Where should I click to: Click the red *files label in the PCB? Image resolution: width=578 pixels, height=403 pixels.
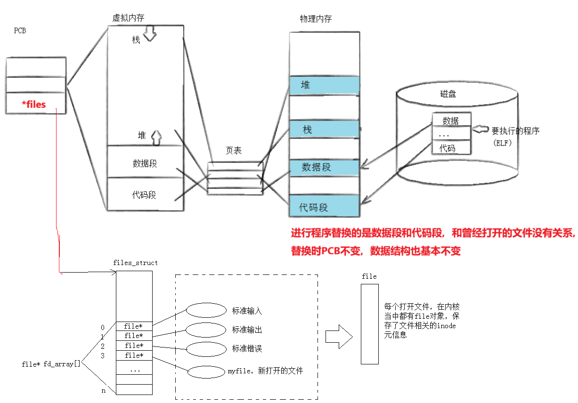[x=34, y=104]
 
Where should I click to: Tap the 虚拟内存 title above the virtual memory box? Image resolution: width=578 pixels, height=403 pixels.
[x=128, y=18]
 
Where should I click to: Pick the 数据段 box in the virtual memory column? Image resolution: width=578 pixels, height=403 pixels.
[x=145, y=163]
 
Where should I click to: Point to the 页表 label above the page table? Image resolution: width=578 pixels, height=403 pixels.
[x=234, y=151]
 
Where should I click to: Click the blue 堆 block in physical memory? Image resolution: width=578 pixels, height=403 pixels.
[x=324, y=85]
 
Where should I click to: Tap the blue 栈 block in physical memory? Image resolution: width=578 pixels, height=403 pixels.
[x=324, y=129]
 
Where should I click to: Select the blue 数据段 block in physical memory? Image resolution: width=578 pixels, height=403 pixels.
[x=324, y=167]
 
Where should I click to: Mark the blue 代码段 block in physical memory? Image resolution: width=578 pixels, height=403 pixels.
[x=324, y=207]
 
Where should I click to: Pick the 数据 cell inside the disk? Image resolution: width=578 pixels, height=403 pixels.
[x=451, y=121]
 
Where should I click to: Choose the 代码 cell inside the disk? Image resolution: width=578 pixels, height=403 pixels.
[x=448, y=148]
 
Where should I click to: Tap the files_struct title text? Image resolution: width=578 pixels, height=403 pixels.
[x=135, y=263]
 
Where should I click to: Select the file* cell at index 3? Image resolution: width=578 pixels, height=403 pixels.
[x=134, y=355]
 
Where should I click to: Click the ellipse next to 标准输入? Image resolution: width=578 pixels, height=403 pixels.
[x=206, y=310]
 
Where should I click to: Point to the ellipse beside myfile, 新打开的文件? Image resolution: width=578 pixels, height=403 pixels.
[x=206, y=371]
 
